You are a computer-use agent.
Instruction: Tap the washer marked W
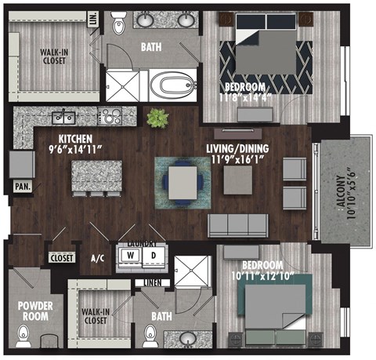129,256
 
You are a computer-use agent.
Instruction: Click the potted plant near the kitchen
158,119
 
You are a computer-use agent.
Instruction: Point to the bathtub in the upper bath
173,85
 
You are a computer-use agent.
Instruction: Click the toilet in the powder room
24,338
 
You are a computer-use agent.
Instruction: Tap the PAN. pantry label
21,187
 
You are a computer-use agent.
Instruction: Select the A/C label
98,258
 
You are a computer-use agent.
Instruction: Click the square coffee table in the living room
239,181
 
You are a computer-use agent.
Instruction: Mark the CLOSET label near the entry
61,257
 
